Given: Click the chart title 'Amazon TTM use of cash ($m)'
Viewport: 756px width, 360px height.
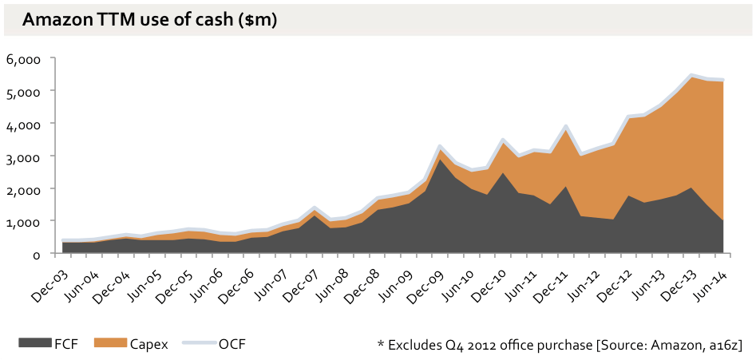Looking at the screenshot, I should tap(150, 21).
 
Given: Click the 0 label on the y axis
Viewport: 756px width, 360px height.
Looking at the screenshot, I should tap(37, 254).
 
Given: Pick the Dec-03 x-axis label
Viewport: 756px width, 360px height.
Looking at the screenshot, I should tap(49, 275).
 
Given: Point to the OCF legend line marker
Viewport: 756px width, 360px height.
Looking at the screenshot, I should tap(200, 343).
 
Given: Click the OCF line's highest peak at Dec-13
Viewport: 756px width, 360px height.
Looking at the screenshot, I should tap(691, 76).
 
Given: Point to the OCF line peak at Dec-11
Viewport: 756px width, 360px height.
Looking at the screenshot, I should tap(566, 126).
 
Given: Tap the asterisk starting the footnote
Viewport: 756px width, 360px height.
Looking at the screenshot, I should tap(381, 343).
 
